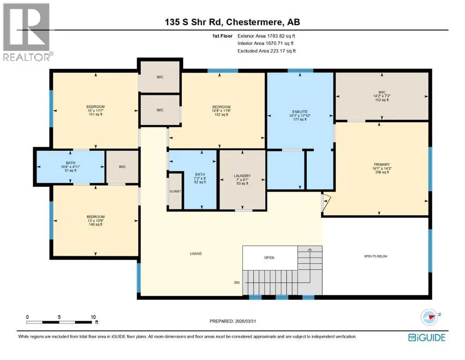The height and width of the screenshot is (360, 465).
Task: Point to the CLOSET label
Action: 175,191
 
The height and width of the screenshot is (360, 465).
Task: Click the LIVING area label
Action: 196,254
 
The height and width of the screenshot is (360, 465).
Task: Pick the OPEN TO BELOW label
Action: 376,256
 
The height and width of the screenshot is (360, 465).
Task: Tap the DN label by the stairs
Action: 237,283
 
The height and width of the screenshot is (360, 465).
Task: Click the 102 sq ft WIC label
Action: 382,96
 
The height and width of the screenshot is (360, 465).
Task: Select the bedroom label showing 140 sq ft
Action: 96,220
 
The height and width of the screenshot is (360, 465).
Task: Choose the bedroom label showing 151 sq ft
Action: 96,111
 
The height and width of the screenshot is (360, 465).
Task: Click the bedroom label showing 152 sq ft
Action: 221,111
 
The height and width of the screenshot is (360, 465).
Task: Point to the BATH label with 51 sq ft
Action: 71,166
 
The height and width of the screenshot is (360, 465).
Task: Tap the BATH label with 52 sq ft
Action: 200,178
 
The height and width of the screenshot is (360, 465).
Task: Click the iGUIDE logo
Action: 427,337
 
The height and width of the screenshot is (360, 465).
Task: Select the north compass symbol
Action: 430,317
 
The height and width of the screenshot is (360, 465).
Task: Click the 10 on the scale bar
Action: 93,317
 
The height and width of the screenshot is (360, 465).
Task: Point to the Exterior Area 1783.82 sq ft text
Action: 266,36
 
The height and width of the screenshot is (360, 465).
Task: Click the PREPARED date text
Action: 233,321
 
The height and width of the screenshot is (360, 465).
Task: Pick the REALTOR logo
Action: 27,32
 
